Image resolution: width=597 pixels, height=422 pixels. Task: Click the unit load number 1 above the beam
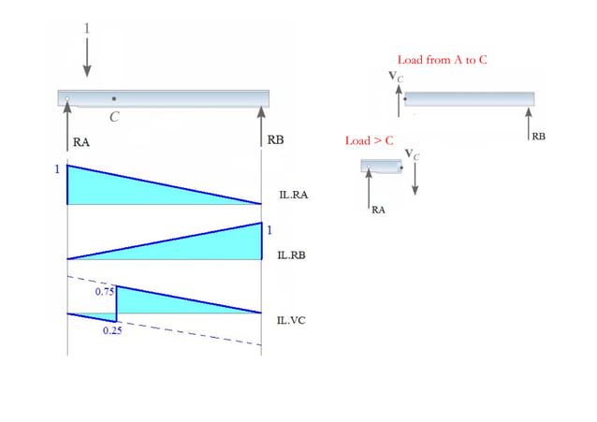point(87,29)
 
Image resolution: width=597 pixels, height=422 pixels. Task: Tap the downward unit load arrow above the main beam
point(87,60)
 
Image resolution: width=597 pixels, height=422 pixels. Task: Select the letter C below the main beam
point(114,118)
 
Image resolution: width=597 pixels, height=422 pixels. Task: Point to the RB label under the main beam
point(275,140)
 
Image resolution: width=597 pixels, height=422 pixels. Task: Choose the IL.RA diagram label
point(294,196)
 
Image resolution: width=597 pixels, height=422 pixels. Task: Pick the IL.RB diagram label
point(294,255)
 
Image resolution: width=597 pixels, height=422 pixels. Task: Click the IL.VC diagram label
point(294,320)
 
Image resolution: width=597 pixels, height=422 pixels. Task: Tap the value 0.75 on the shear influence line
point(104,292)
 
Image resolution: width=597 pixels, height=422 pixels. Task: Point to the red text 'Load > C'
point(369,141)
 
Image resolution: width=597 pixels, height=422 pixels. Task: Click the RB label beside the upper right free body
point(539,137)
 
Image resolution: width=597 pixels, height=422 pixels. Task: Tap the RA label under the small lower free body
point(378,211)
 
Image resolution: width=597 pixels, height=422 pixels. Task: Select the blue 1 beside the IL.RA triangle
point(58,169)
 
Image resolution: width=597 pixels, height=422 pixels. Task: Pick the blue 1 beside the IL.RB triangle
point(269,230)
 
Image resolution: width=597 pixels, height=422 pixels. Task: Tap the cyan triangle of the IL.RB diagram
point(215,246)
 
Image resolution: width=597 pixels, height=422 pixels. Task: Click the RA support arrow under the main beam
point(67,122)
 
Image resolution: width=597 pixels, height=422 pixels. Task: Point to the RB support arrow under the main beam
point(261,122)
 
